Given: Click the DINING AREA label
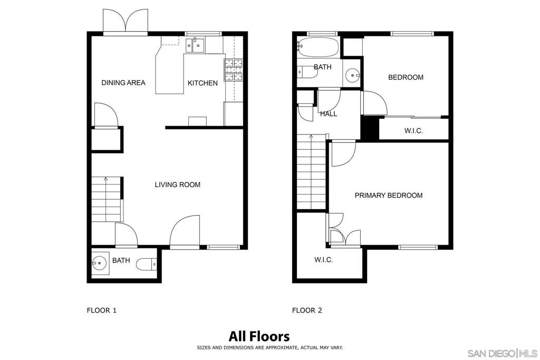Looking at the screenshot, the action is pos(123,83).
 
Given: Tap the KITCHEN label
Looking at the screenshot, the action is pos(202,83).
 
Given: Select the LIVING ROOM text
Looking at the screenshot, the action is pos(177,185).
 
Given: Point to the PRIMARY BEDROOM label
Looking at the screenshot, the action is pos(389,196).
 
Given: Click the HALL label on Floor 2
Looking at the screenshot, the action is pos(329,114).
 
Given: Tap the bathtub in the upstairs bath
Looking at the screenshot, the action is pos(318,47).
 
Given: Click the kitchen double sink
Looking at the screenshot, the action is pos(195,45).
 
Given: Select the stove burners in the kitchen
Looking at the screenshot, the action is pos(234,70).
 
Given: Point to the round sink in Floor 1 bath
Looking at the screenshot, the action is pos(100,264).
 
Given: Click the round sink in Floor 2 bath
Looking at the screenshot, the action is pos(353,74).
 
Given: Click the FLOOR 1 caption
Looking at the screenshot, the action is pos(102,310).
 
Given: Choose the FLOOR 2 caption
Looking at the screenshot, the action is pos(307,310).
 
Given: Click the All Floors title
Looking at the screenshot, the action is pos(259,336).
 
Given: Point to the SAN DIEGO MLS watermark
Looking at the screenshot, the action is pos(503,353).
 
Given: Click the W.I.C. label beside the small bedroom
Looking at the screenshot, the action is pos(413,131).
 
